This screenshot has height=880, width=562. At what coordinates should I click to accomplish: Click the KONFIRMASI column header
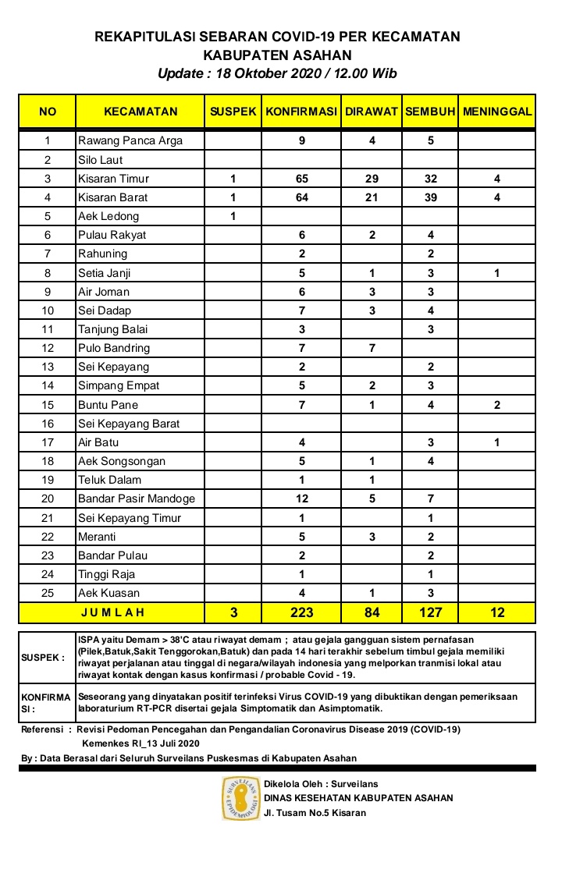tap(301, 112)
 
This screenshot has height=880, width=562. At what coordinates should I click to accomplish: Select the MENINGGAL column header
tap(497, 112)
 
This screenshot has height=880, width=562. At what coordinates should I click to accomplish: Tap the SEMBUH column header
tap(430, 112)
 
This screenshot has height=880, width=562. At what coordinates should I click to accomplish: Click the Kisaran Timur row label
tap(113, 179)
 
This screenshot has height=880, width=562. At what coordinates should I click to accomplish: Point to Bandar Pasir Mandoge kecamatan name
tap(136, 499)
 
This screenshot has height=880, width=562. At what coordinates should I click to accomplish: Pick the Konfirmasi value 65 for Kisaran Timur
tap(301, 179)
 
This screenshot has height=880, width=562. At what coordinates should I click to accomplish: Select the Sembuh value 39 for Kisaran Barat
tap(430, 197)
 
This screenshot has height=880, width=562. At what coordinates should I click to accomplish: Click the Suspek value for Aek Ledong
tap(233, 216)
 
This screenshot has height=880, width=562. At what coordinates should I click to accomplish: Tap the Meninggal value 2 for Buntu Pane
tap(497, 405)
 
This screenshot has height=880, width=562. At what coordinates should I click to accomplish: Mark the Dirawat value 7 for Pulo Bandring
tap(372, 348)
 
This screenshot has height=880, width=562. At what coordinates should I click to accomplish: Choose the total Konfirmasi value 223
tap(301, 612)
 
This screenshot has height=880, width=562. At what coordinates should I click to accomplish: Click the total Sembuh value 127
tap(430, 612)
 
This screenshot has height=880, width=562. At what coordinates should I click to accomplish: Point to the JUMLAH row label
tap(112, 612)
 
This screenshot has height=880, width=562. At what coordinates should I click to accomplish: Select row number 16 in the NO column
tap(48, 424)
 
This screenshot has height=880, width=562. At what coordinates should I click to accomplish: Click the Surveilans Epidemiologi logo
tap(240, 798)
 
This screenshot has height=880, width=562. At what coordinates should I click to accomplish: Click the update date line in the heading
tap(277, 74)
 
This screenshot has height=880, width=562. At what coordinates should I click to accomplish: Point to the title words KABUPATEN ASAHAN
tap(277, 55)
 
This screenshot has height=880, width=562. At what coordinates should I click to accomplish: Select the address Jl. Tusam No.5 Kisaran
tap(315, 813)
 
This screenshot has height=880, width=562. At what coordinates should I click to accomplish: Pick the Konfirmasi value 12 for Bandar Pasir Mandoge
tap(301, 499)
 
